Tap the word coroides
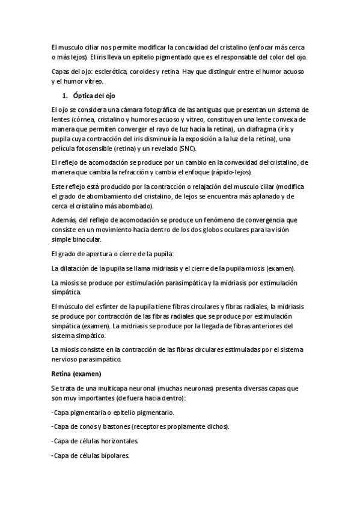[143, 72]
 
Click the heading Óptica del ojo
[97, 96]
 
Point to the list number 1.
[65, 96]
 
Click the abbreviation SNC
[194, 148]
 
